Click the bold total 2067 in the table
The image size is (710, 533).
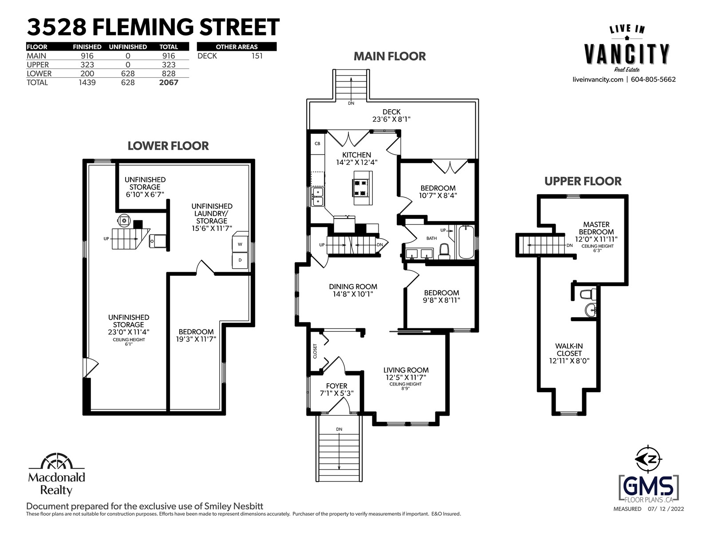169,83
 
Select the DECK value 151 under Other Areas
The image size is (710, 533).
257,56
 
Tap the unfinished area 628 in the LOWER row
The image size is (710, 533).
128,74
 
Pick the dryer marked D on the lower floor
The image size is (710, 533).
240,260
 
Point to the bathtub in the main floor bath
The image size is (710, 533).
466,242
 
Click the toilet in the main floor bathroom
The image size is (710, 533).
445,251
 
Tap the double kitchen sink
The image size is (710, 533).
318,197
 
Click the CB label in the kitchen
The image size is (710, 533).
317,143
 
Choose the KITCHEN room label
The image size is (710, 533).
356,155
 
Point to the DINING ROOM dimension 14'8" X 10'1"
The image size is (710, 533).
353,294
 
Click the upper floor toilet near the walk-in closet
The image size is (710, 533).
588,294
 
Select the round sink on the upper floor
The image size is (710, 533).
591,310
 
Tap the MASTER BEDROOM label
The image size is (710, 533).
596,228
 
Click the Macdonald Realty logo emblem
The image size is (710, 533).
56,461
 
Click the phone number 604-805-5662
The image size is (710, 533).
653,80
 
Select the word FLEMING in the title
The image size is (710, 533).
143,27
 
